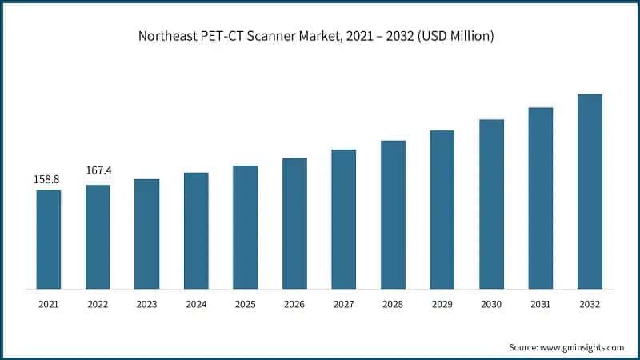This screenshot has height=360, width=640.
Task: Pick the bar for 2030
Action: tap(491, 203)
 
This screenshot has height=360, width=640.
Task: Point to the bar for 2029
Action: tap(442, 209)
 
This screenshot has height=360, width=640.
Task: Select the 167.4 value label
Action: tap(98, 170)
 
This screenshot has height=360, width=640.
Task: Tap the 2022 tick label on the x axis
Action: tap(98, 304)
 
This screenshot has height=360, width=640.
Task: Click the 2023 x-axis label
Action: tap(147, 304)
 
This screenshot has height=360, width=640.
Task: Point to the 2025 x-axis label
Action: tap(246, 304)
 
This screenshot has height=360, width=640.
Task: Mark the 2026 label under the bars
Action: tap(294, 304)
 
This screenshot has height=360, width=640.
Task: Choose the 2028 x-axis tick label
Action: tap(393, 304)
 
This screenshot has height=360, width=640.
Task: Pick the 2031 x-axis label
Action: tap(541, 304)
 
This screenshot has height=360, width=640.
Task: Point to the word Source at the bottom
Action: tap(524, 347)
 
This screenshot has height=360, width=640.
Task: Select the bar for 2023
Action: tap(147, 234)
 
